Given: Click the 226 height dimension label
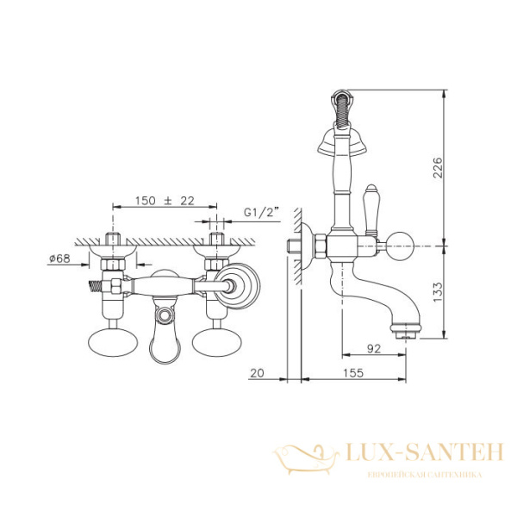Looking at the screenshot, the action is [x=438, y=167].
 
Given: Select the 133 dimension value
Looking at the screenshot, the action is [x=438, y=292].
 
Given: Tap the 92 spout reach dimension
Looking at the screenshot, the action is [x=374, y=348].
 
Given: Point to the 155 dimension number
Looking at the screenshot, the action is [x=353, y=373].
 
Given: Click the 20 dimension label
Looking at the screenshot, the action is [x=257, y=373].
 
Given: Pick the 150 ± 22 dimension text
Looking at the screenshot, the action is [x=165, y=201].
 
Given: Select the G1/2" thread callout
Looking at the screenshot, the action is [x=261, y=212].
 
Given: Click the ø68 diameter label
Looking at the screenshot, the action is [x=59, y=258].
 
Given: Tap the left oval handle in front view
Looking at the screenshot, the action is [x=113, y=342].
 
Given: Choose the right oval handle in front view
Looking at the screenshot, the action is [x=217, y=342].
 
